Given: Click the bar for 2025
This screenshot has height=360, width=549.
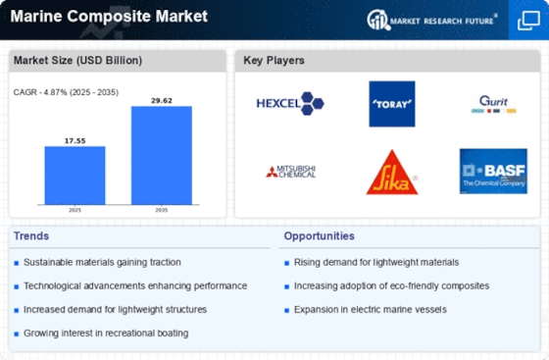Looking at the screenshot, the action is click(75, 176).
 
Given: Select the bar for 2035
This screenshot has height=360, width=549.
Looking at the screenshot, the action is click(162, 155).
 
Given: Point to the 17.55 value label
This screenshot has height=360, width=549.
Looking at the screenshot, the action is click(75, 141).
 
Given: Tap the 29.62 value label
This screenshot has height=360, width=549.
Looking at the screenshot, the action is click(162, 101).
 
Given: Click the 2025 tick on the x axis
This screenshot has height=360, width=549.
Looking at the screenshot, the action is click(75, 210).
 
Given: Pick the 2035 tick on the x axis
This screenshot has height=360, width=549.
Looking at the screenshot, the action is click(162, 210).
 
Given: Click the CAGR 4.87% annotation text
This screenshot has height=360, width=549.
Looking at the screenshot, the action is click(66, 92).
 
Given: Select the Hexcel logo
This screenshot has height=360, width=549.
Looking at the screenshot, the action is click(290, 104).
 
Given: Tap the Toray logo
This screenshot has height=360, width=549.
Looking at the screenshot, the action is click(392, 104).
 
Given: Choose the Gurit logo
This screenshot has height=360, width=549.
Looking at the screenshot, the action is click(494, 104).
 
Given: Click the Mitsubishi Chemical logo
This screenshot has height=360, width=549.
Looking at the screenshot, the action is click(291, 172).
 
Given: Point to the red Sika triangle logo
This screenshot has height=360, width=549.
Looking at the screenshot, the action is click(392, 173).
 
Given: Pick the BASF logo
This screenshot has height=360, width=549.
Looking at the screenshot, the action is click(493, 172).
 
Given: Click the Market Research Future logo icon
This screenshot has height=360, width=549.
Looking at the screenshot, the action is click(378, 20).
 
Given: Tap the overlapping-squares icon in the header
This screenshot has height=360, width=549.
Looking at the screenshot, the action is click(528, 21).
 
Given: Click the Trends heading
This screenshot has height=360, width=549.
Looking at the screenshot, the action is click(31, 236).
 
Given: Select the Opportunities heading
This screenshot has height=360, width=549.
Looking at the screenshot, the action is click(319, 236).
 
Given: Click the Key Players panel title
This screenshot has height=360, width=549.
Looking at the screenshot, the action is click(274, 60).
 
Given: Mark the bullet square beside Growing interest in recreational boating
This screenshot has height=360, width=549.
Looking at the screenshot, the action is click(16, 334).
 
